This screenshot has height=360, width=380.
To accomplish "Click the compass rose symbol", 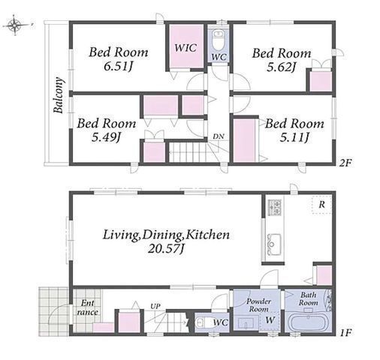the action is [x=16, y=25].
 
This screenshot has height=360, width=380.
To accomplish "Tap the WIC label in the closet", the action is [x=185, y=47].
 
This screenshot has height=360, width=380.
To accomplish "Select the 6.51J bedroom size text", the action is [x=119, y=67].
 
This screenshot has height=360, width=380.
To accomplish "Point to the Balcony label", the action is [x=59, y=95].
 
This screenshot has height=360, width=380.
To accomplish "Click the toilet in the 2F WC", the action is [x=219, y=39].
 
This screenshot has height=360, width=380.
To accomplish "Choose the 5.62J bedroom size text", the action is [x=282, y=67].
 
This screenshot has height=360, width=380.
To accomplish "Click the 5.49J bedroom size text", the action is [x=106, y=137].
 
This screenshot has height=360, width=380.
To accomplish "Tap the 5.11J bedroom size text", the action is [x=294, y=137].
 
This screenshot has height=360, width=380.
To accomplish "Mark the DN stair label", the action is [x=219, y=136].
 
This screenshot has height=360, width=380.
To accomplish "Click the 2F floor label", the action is [x=345, y=163].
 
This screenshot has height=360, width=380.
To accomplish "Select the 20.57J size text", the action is [x=167, y=248].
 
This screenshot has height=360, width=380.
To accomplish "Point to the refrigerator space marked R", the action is [x=322, y=205].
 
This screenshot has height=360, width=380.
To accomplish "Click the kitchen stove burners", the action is [x=275, y=207].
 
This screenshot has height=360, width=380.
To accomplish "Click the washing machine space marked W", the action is [x=270, y=320].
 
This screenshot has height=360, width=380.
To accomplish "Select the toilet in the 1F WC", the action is [x=204, y=322].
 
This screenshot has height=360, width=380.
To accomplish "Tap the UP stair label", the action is [x=155, y=306].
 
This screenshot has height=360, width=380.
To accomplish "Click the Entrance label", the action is [x=87, y=307].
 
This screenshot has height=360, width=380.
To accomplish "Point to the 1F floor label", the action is [x=346, y=333].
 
